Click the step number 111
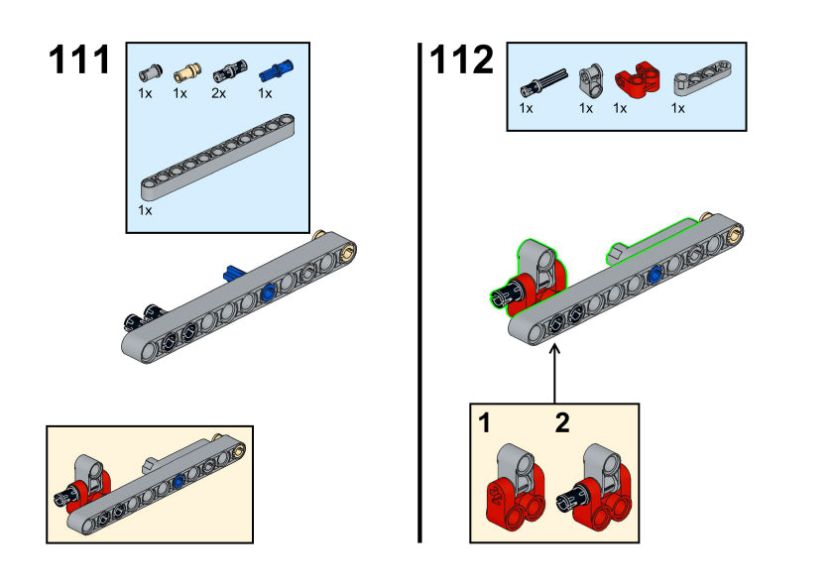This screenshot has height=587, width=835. click(80, 61)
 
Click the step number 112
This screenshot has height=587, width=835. click(461, 61)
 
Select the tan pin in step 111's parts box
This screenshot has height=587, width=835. click(185, 71)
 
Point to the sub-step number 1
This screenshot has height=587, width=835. click(485, 424)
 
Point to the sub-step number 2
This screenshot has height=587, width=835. click(562, 424)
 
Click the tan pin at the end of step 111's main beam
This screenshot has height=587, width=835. click(349, 250)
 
